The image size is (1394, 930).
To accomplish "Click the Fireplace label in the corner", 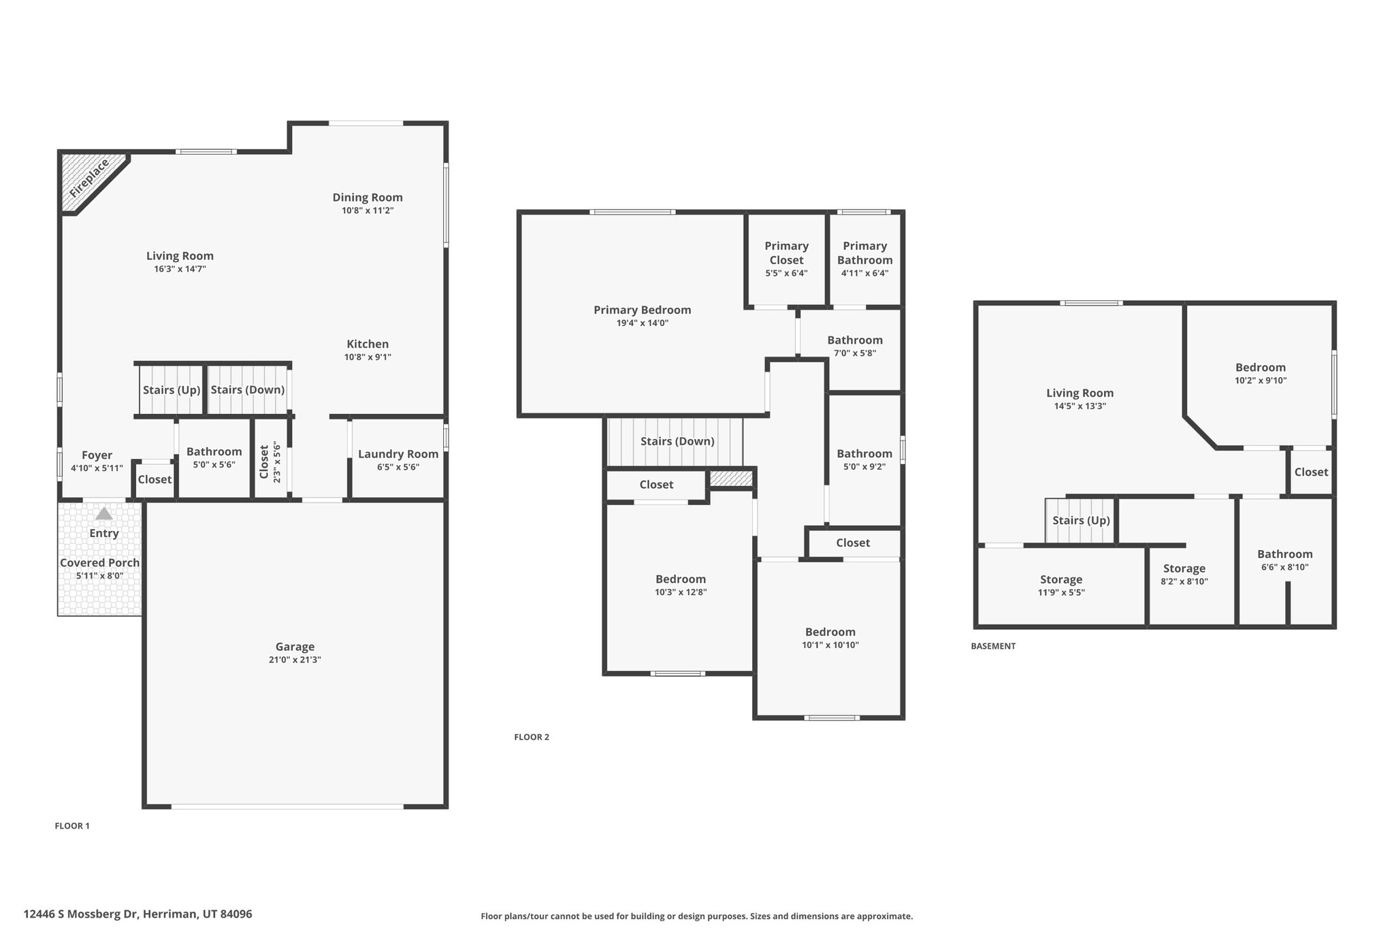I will click(x=89, y=178).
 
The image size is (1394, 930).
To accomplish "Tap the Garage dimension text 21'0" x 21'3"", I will click(x=295, y=660).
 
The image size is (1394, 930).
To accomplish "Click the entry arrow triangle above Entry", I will click(x=103, y=514).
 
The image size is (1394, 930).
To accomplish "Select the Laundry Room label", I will click(x=398, y=454).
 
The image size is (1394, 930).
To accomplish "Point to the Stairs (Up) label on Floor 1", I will click(x=172, y=390).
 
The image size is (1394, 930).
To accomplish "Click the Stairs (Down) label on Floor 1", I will click(x=247, y=390).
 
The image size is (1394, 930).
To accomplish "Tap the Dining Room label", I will click(x=368, y=197).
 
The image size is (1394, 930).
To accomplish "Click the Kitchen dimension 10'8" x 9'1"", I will click(x=368, y=357).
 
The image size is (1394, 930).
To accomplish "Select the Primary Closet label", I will click(x=786, y=253).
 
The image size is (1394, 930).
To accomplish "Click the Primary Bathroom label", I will click(x=864, y=253).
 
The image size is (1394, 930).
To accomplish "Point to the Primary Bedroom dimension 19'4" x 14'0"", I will click(x=642, y=323).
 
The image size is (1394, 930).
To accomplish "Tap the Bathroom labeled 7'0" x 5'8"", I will click(x=855, y=340).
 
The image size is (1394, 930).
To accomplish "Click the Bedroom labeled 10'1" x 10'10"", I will click(x=830, y=632).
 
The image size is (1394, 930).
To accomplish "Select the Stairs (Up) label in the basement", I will click(x=1081, y=521).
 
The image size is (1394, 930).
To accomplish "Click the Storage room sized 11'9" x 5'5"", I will click(x=1061, y=580).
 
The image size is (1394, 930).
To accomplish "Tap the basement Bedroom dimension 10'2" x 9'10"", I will click(x=1261, y=381).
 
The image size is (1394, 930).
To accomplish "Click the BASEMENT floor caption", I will click(x=993, y=646).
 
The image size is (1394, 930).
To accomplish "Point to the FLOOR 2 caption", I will click(x=531, y=737).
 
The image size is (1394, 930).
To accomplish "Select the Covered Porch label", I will click(x=99, y=563).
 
